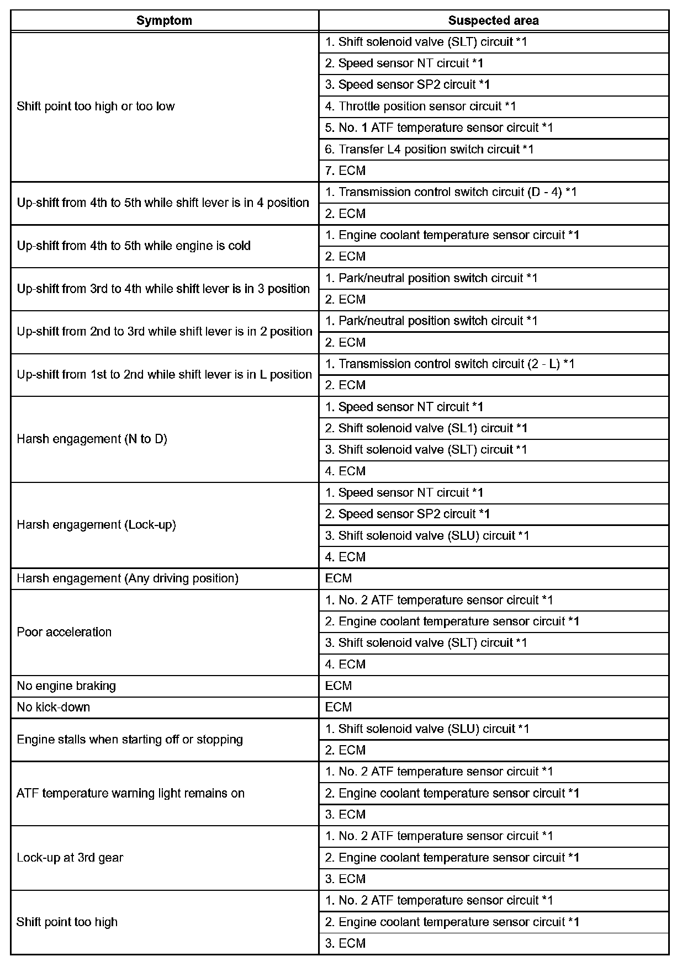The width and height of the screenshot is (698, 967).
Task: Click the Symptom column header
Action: (164, 21)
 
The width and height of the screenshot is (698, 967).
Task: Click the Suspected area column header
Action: (493, 21)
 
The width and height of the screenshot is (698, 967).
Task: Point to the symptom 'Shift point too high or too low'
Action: (96, 106)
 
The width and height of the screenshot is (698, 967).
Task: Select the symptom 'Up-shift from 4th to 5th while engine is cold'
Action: (134, 246)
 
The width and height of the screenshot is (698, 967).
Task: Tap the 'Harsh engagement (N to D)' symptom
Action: (92, 439)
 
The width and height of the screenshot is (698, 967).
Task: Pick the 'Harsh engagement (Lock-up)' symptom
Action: (96, 524)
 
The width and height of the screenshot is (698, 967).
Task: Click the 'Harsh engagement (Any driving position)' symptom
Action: (128, 578)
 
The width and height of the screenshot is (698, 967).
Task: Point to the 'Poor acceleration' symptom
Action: (64, 632)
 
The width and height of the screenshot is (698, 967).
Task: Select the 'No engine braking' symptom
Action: (66, 686)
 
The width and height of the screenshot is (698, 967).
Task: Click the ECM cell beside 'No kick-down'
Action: (339, 707)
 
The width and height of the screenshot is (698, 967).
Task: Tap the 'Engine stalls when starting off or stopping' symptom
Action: (130, 740)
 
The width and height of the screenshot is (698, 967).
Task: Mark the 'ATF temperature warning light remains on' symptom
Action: (130, 793)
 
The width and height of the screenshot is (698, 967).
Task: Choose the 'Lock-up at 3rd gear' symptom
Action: (70, 858)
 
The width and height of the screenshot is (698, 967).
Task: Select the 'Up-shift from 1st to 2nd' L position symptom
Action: (164, 374)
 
